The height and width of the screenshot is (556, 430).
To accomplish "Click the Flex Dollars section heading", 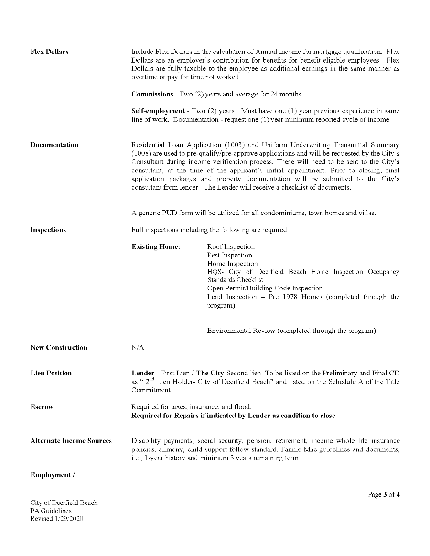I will click(49, 52).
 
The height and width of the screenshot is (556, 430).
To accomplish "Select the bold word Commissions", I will click(152, 94).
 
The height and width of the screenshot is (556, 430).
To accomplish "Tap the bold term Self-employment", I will click(158, 111).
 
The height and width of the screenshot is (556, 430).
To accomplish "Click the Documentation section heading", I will click(54, 145).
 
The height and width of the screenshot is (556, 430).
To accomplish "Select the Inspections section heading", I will click(48, 230).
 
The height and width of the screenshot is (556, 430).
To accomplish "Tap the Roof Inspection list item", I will click(231, 247).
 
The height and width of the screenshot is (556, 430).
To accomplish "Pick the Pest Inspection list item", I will click(230, 255).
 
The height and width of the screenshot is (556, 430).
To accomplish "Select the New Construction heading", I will click(59, 348).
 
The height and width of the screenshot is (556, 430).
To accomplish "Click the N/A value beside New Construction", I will click(138, 348).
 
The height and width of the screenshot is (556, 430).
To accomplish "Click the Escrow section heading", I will click(42, 407).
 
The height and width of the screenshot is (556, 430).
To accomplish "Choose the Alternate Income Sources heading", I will click(71, 441).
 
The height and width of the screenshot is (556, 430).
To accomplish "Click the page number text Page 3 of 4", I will click(384, 495).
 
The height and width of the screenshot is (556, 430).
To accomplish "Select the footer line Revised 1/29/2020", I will click(57, 519).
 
